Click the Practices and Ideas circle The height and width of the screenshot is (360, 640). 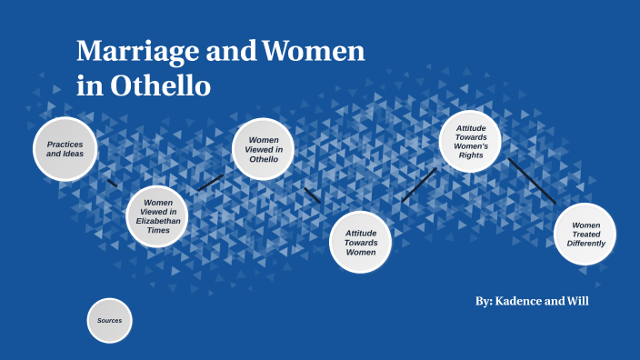[65, 148]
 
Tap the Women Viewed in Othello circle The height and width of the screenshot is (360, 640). [264, 149]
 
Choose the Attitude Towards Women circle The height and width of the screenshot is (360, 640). [360, 242]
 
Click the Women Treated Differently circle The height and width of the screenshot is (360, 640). [585, 234]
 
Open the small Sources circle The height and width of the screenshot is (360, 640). [110, 321]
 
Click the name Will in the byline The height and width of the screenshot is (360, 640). [577, 301]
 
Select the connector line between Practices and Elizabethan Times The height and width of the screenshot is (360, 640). [112, 184]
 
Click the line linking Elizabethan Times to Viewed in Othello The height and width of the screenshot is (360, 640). [210, 183]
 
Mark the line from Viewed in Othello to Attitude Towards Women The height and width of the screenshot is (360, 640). [313, 195]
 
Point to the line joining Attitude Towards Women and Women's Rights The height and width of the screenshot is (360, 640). [419, 185]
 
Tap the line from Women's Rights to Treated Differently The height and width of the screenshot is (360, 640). [532, 181]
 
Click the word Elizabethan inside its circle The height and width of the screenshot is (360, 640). [158, 221]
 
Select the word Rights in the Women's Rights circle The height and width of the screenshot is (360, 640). [472, 155]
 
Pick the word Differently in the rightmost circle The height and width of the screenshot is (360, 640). [586, 244]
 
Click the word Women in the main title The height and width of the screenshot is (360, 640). [313, 52]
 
